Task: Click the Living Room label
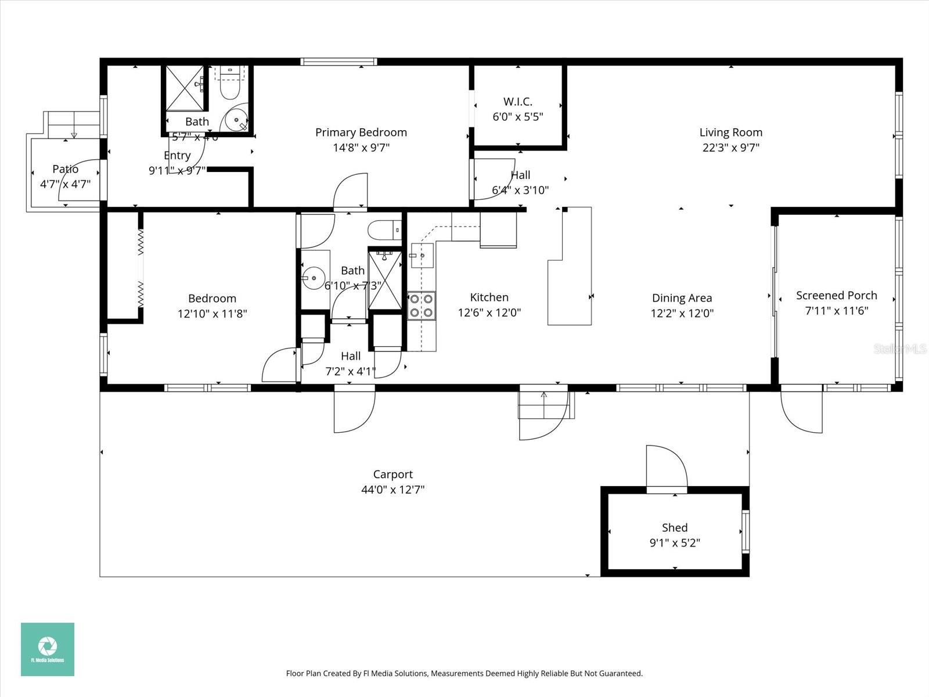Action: (x=730, y=132)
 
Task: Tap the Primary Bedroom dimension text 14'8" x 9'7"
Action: (x=361, y=148)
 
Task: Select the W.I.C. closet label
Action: (x=517, y=102)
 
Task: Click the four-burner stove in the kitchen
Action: (x=422, y=306)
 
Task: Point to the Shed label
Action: (x=675, y=527)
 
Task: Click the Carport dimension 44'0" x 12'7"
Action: (x=393, y=490)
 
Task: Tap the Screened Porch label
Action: (x=836, y=295)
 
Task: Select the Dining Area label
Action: (x=682, y=298)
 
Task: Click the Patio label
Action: (x=65, y=169)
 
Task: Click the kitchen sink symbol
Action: (x=422, y=255)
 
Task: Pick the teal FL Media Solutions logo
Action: (x=48, y=649)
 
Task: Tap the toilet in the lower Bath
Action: (x=385, y=230)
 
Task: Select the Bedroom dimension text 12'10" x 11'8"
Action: (x=212, y=314)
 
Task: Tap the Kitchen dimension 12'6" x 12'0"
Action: (x=489, y=313)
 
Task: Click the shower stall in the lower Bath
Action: (x=384, y=279)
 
